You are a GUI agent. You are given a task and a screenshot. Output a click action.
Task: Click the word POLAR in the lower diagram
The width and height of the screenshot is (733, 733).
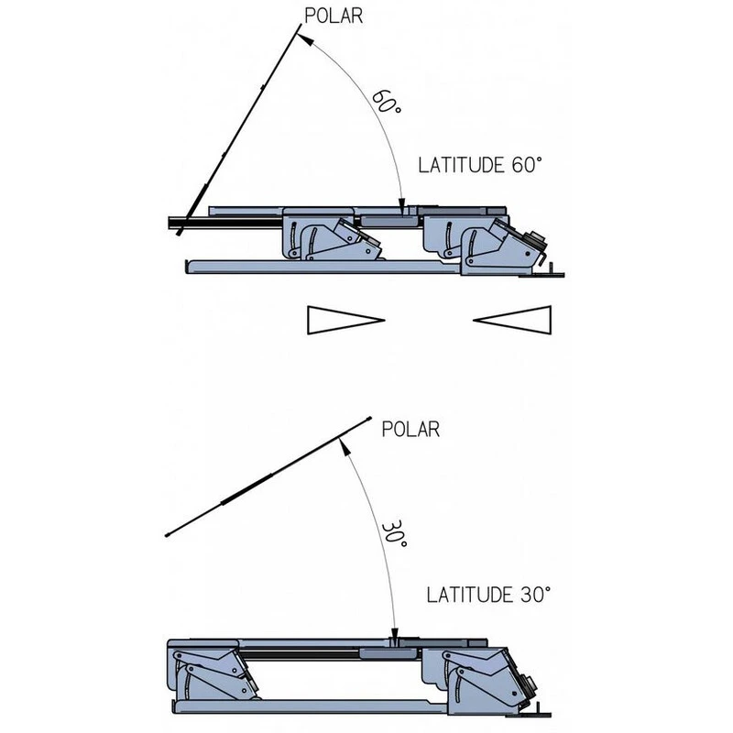point(410,428)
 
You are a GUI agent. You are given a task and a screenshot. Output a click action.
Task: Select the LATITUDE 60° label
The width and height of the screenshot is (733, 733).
point(480,166)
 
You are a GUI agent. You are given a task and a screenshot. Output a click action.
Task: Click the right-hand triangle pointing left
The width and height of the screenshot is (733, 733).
point(515,319)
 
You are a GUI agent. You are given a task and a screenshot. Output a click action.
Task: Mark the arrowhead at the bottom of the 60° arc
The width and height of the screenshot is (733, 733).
point(403,206)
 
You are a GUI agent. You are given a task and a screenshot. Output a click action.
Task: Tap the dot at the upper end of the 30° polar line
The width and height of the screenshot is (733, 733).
point(368,418)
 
